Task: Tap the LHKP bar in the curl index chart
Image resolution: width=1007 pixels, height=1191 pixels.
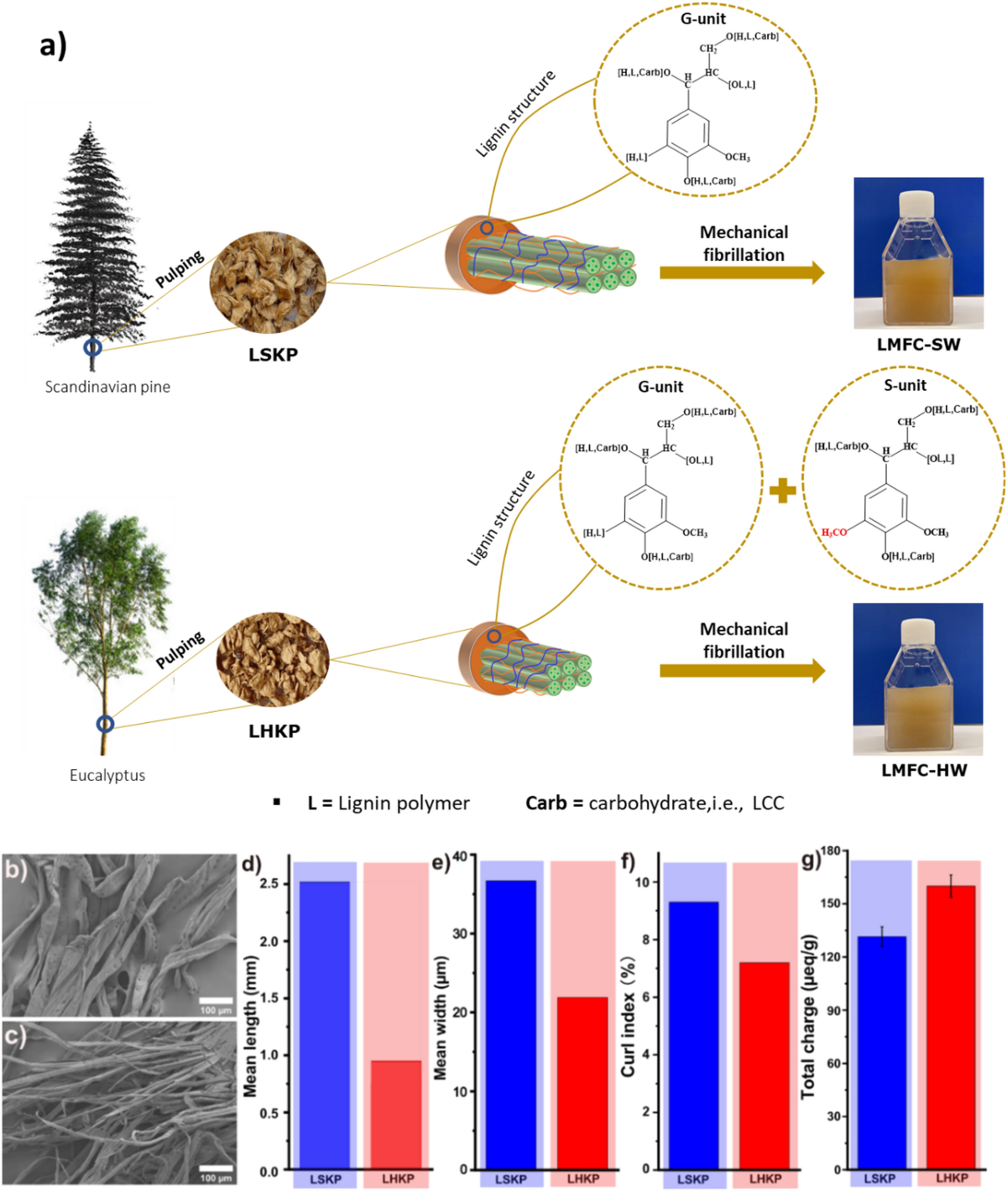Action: tap(764, 1065)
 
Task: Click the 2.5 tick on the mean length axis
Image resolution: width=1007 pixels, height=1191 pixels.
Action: tap(269, 883)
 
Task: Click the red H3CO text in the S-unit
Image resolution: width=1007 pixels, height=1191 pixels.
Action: tap(834, 533)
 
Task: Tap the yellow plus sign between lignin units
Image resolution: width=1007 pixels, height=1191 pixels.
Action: tap(782, 491)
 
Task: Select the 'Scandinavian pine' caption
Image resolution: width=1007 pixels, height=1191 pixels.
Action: tap(107, 387)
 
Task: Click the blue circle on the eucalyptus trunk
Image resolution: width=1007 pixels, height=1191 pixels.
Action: tap(105, 723)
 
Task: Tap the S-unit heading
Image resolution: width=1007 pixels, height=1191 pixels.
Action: tap(905, 386)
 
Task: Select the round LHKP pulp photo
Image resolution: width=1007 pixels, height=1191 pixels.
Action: tap(272, 659)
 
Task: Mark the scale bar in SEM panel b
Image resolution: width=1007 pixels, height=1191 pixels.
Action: tap(216, 1001)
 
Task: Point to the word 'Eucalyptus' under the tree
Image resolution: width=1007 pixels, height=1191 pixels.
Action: tap(107, 775)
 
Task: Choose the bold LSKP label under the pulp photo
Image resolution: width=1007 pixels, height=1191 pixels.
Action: tap(273, 355)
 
